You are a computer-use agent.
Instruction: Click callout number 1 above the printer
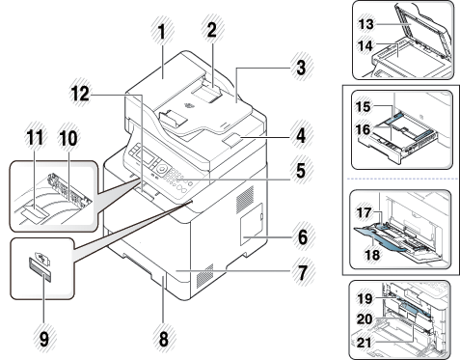(162, 33)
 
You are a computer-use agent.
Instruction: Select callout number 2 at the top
(211, 31)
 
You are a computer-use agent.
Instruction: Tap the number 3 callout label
(301, 68)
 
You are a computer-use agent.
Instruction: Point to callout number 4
(301, 135)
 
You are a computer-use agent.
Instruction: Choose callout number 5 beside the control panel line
(301, 171)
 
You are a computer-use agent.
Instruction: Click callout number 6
(302, 237)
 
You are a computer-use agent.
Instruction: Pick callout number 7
(301, 272)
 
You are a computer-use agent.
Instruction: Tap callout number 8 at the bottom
(163, 339)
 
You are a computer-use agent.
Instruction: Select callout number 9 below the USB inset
(44, 340)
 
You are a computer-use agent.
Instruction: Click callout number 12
(80, 94)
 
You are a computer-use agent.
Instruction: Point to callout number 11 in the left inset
(35, 138)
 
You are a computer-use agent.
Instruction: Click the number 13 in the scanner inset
(365, 24)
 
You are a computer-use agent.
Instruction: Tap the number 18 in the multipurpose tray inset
(371, 255)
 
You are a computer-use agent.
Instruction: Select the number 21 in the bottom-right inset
(365, 343)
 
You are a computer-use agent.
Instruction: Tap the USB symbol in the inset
(41, 257)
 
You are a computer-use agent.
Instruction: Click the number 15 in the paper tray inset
(364, 106)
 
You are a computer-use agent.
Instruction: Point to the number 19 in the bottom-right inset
(365, 299)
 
